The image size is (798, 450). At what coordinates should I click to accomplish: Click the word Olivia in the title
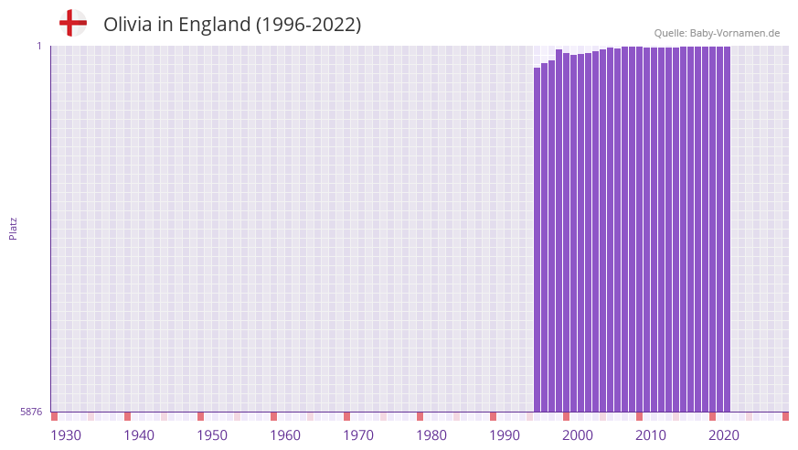click(128, 25)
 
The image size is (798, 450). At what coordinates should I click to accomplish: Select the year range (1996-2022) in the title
click(308, 25)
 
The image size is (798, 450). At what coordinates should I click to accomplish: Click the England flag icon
click(72, 23)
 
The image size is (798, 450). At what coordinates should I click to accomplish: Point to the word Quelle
click(670, 33)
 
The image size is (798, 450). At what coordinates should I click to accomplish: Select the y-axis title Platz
click(13, 228)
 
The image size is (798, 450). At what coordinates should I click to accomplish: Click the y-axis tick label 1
click(39, 46)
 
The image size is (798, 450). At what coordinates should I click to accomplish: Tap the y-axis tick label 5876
click(30, 412)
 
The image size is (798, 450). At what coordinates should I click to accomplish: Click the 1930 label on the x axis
click(66, 435)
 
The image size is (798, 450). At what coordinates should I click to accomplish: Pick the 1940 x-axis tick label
click(139, 435)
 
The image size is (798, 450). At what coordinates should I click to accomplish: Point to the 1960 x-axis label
click(285, 435)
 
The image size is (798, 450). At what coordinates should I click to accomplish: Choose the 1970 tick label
click(358, 435)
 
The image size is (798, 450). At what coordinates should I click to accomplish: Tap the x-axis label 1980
click(431, 435)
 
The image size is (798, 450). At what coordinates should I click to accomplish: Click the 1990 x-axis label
click(505, 435)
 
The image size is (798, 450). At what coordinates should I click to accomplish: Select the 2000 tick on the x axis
click(578, 435)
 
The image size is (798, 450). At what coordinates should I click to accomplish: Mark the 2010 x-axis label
click(651, 435)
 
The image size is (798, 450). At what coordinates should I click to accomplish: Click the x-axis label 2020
click(724, 435)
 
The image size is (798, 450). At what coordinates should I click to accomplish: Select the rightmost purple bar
click(727, 229)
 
